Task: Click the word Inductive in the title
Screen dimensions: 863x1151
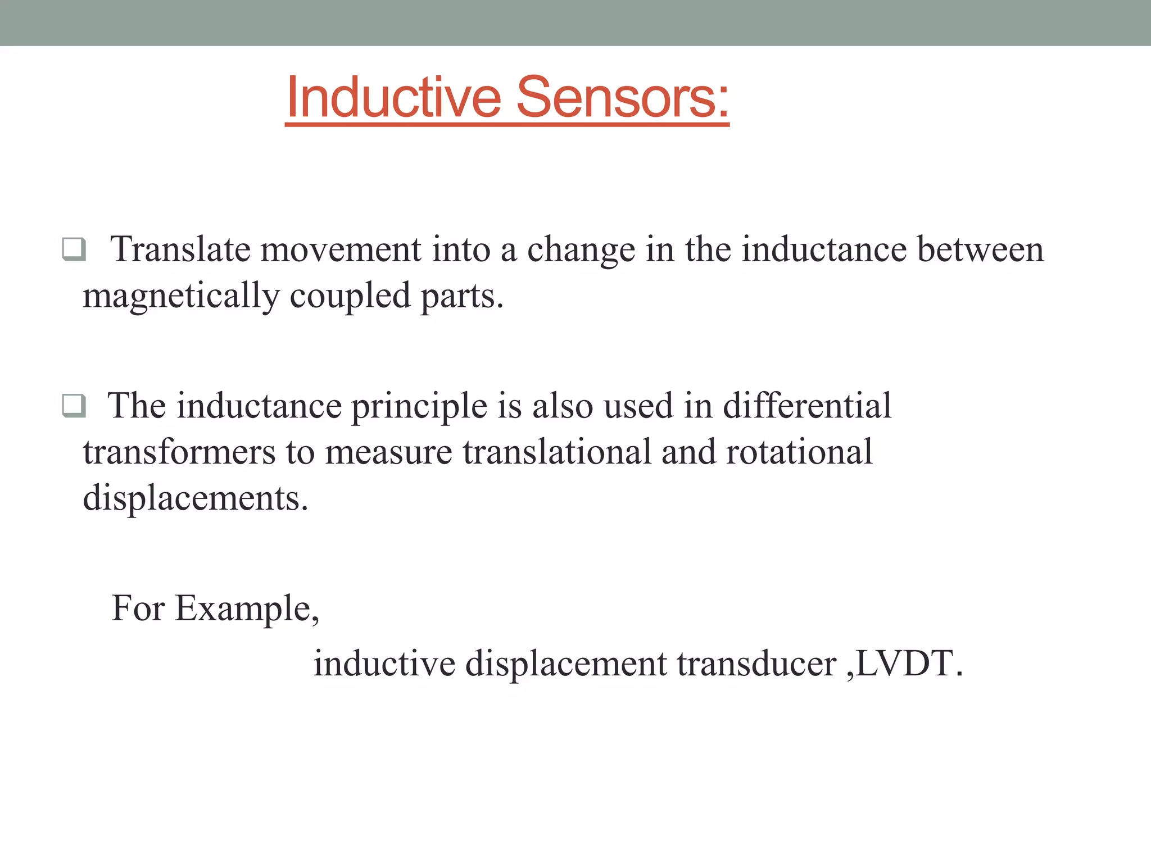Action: tap(393, 98)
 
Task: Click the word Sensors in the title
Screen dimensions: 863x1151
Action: tap(622, 98)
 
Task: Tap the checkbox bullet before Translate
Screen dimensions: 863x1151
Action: tap(74, 249)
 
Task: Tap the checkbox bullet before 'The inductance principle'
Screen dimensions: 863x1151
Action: tap(74, 405)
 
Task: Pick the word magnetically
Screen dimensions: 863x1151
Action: tap(181, 296)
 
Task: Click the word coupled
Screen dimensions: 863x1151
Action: tap(350, 296)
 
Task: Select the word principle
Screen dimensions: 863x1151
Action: tap(419, 406)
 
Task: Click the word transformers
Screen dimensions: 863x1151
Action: tap(179, 452)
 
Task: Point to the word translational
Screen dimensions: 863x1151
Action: tap(556, 452)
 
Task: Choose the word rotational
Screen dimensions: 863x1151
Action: tap(799, 452)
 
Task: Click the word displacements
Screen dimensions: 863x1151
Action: tap(195, 498)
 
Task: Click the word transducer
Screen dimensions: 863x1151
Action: tap(756, 664)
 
